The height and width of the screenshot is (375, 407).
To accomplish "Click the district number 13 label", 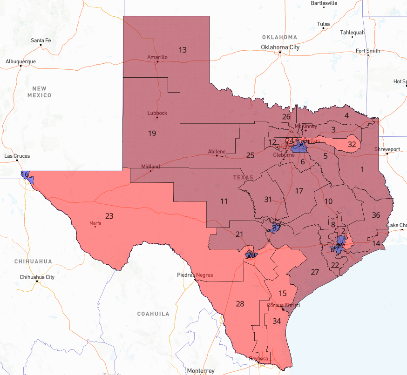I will pos(183,50).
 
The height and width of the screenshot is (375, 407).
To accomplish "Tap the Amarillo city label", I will pos(157,57).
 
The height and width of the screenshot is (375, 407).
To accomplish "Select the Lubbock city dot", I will pos(157,117).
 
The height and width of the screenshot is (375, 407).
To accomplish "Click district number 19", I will pos(152,134).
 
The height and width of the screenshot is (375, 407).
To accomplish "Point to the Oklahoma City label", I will pos(280,47).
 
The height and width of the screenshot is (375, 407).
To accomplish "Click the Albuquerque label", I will pos(20,61).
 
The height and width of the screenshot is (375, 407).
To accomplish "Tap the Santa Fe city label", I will pos(41,40).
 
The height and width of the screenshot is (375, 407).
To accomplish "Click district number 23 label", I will pos(109,216).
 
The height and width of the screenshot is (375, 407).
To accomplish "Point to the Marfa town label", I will pos(95,223).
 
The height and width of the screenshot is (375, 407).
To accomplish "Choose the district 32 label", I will pos(352,144).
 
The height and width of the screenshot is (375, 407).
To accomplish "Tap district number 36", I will pos(376,215).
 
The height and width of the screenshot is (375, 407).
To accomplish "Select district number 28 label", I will pos(240,304).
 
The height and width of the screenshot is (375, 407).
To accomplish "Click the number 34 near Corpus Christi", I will pos(277,321).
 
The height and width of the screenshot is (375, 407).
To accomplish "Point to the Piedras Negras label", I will pos(195,275).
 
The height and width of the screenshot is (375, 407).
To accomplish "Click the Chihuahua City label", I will pos(37,277).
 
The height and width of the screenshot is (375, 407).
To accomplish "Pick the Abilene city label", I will pos(217,152).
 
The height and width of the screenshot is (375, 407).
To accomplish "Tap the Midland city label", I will pos(150,167).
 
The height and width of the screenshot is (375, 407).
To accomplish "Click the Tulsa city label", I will pos(323,24).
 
